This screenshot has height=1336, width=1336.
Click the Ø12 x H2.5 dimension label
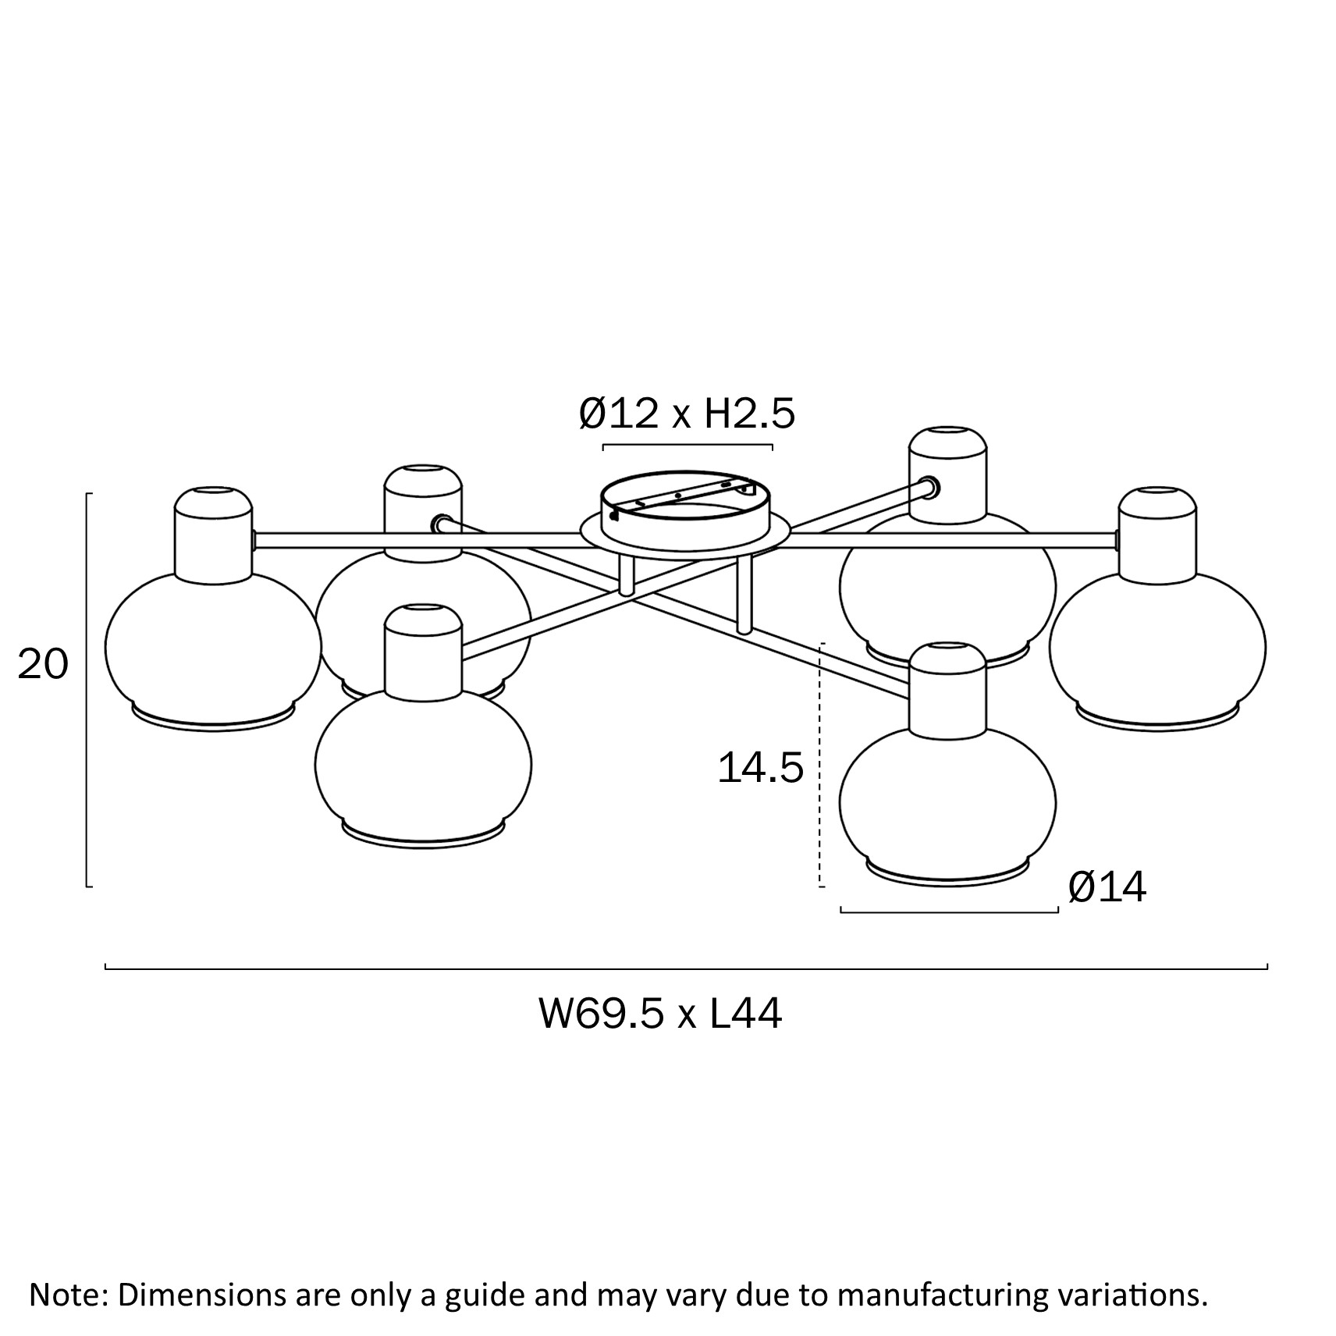tap(687, 413)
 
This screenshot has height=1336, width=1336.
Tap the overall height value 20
tap(43, 665)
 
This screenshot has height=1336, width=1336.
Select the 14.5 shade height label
tap(760, 768)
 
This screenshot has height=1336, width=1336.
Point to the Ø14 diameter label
tap(1107, 887)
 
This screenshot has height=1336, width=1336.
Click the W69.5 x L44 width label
tap(660, 1014)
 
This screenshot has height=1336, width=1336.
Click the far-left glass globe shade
tap(212, 648)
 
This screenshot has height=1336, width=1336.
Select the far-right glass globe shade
tap(1157, 648)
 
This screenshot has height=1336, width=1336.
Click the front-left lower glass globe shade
tap(423, 765)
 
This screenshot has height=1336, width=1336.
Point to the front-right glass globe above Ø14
tap(947, 804)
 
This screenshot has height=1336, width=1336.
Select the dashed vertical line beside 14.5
tap(822, 765)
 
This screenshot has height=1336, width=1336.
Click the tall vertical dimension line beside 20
tap(87, 690)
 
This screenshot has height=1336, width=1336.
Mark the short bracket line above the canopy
tap(688, 446)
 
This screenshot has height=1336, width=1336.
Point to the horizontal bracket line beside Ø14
tap(949, 911)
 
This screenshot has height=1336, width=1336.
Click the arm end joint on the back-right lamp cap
tap(931, 489)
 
